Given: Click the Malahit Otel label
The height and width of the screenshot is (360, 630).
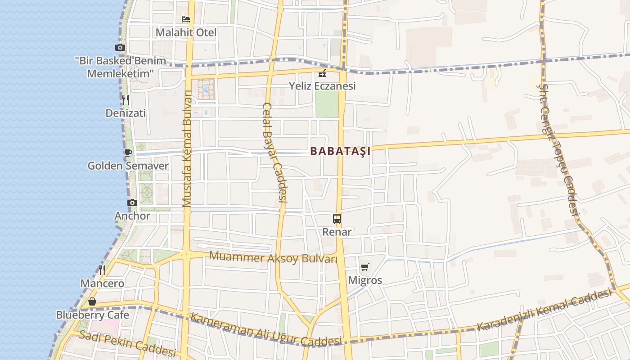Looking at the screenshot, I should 186,32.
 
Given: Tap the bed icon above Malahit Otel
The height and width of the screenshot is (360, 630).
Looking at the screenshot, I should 186,19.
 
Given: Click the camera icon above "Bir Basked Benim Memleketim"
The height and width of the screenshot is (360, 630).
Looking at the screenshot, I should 120,48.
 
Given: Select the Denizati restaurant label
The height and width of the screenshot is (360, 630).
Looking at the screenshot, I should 126,113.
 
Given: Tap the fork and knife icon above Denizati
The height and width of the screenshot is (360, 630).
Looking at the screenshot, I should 126,100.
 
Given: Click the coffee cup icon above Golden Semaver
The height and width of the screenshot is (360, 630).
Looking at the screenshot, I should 128,153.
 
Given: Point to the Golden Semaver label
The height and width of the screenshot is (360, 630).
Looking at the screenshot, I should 128,166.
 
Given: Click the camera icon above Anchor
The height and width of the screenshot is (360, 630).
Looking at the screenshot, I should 132,203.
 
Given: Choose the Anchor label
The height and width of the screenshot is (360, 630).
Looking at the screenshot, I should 132,216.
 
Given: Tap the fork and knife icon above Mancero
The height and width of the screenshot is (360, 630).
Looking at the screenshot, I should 102,270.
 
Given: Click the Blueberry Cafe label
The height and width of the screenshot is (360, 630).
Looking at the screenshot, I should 92,315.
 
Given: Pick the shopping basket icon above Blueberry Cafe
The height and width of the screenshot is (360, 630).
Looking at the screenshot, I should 92,301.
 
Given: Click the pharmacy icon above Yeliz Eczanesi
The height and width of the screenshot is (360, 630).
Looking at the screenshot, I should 322,73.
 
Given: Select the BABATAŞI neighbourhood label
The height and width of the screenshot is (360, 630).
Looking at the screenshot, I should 341,151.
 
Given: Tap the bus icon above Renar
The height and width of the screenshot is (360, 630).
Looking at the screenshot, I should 337,219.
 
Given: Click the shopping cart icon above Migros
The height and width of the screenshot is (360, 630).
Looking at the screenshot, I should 365,267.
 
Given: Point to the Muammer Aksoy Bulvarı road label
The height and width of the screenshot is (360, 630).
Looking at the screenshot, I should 273,258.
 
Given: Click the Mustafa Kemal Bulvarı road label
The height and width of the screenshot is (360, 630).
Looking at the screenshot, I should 187,148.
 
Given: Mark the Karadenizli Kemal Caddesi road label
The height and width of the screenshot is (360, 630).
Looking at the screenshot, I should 544,310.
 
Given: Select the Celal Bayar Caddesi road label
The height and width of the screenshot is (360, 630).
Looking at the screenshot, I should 274,157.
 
